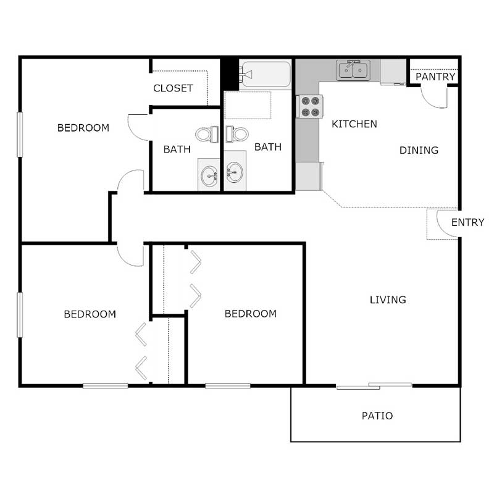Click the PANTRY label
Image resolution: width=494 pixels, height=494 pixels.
[435, 77]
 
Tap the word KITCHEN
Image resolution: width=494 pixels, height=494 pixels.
[354, 124]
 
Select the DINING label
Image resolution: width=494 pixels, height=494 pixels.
[419, 150]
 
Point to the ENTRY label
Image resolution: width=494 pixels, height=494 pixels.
[467, 222]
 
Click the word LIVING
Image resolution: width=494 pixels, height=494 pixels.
[388, 300]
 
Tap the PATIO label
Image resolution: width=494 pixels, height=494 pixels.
[377, 416]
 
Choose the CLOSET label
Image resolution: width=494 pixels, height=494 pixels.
[173, 88]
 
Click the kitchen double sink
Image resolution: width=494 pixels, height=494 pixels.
[353, 70]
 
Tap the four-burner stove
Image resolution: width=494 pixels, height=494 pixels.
[309, 106]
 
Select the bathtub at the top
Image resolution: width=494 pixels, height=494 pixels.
[266, 75]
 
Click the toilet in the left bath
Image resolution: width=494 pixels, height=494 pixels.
[206, 133]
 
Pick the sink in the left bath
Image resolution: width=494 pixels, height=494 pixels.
[210, 175]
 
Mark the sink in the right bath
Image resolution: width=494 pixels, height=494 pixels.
[235, 172]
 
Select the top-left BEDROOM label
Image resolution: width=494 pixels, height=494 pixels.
[83, 128]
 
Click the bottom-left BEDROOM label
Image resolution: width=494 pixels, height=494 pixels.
[90, 314]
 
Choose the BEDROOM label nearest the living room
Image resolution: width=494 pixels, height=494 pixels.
[250, 314]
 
